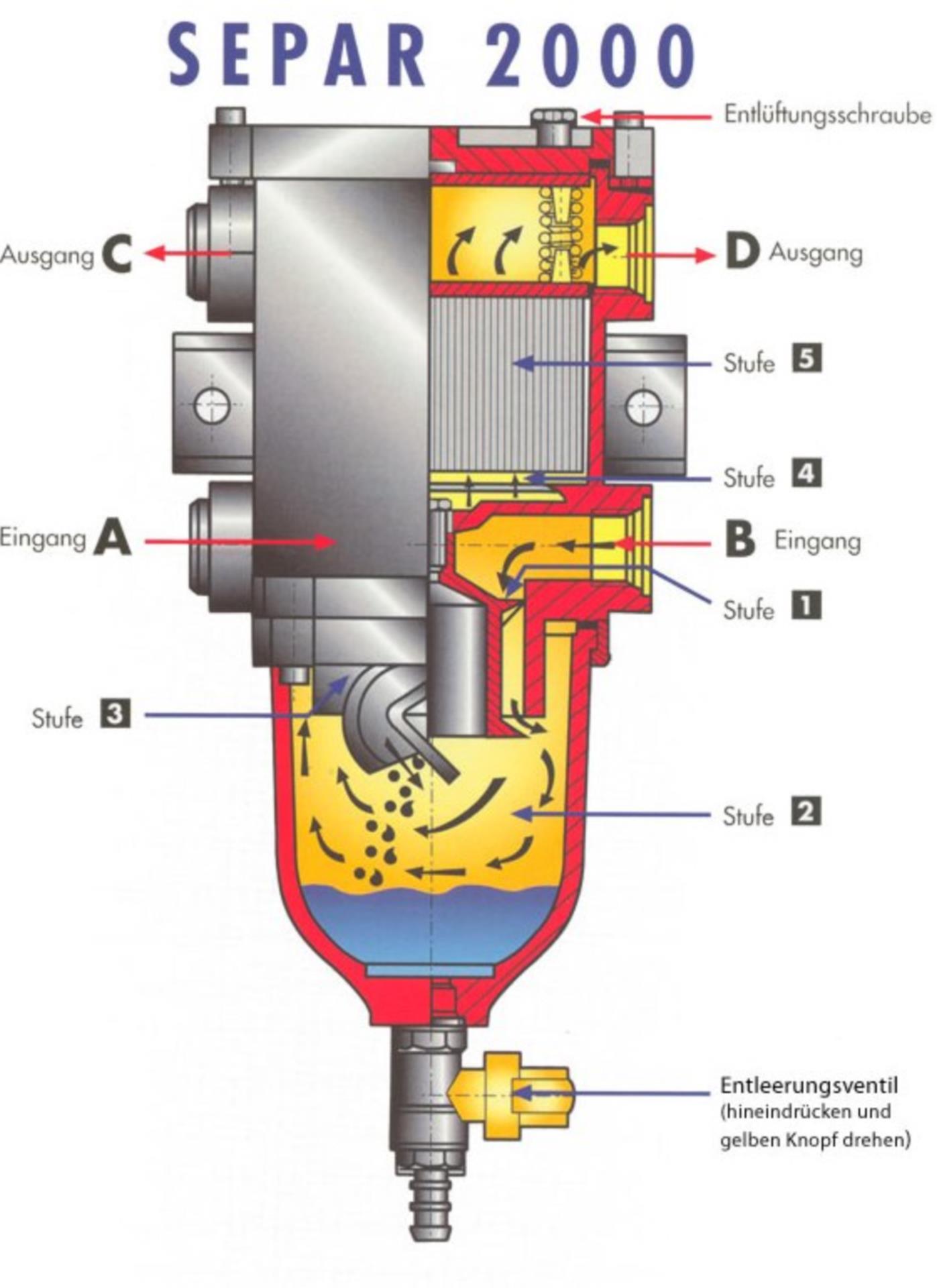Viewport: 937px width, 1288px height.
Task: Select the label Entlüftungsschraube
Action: [827, 115]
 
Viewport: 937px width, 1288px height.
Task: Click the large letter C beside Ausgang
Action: [117, 255]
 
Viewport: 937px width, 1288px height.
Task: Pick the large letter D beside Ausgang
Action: [742, 253]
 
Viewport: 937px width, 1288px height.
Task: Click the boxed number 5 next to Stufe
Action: [806, 358]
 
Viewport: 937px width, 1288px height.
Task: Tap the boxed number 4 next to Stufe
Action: [806, 474]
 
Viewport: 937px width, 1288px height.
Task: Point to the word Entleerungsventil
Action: [808, 1085]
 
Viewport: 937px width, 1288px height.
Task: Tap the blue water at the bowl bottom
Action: [429, 926]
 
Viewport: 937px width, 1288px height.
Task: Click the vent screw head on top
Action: [554, 119]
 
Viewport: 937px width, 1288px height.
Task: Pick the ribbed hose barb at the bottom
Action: [429, 1201]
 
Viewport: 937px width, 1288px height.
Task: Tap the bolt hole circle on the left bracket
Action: [212, 406]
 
